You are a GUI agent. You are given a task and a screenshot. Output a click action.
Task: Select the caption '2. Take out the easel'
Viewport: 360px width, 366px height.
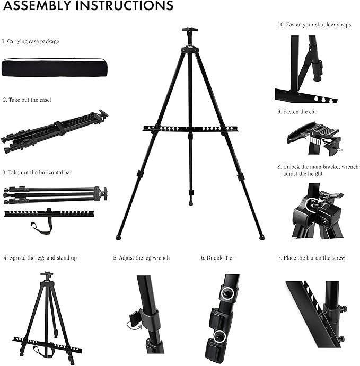tap(27, 100)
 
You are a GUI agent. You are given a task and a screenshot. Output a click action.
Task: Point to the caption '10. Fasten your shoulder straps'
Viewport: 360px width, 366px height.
tap(314, 25)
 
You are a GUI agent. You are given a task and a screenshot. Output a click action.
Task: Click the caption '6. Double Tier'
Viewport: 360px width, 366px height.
tap(217, 258)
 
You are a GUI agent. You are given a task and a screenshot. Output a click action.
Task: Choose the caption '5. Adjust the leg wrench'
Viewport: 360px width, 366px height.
tap(142, 258)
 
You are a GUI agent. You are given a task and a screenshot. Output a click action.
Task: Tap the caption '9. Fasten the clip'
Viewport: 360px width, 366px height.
tap(297, 112)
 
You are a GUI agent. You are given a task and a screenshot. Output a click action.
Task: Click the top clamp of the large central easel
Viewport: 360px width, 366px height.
tap(190, 30)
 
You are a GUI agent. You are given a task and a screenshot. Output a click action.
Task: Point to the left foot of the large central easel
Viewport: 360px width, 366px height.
tap(118, 238)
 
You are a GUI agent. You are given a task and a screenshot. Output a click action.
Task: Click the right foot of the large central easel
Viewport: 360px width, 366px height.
tap(261, 238)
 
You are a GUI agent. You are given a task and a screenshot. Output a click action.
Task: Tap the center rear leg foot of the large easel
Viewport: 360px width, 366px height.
tap(191, 203)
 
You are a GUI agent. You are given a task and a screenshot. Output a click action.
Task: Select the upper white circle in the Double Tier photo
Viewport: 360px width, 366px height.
tap(226, 294)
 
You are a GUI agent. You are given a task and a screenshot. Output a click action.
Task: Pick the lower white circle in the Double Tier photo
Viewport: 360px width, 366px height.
tap(219, 336)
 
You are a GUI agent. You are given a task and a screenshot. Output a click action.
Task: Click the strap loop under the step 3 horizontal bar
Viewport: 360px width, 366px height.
tap(41, 228)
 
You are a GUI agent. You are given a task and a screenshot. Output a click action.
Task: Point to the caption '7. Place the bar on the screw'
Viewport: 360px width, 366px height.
tap(311, 258)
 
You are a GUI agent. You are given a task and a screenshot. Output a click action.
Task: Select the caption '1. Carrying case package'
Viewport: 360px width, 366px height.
tap(30, 41)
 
